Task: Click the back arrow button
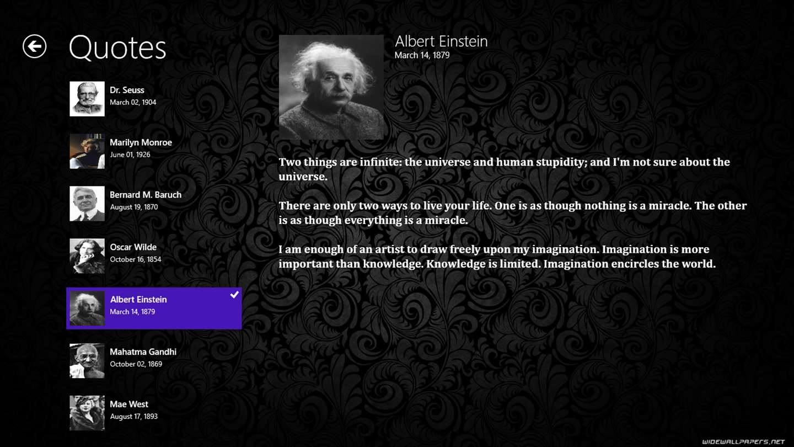(34, 46)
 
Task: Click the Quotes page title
(117, 47)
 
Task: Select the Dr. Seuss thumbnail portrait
(87, 99)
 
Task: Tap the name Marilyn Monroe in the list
(141, 142)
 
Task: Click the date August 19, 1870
(134, 207)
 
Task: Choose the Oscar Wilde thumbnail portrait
(87, 256)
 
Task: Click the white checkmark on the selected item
(234, 295)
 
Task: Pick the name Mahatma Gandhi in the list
(143, 352)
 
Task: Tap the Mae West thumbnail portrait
(87, 413)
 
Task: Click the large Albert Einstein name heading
(441, 41)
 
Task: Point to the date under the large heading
(422, 55)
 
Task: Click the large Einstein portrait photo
(331, 87)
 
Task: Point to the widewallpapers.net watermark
(743, 441)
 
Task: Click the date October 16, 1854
(136, 259)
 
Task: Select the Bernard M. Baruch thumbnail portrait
(87, 204)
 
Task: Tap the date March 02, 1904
(133, 102)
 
